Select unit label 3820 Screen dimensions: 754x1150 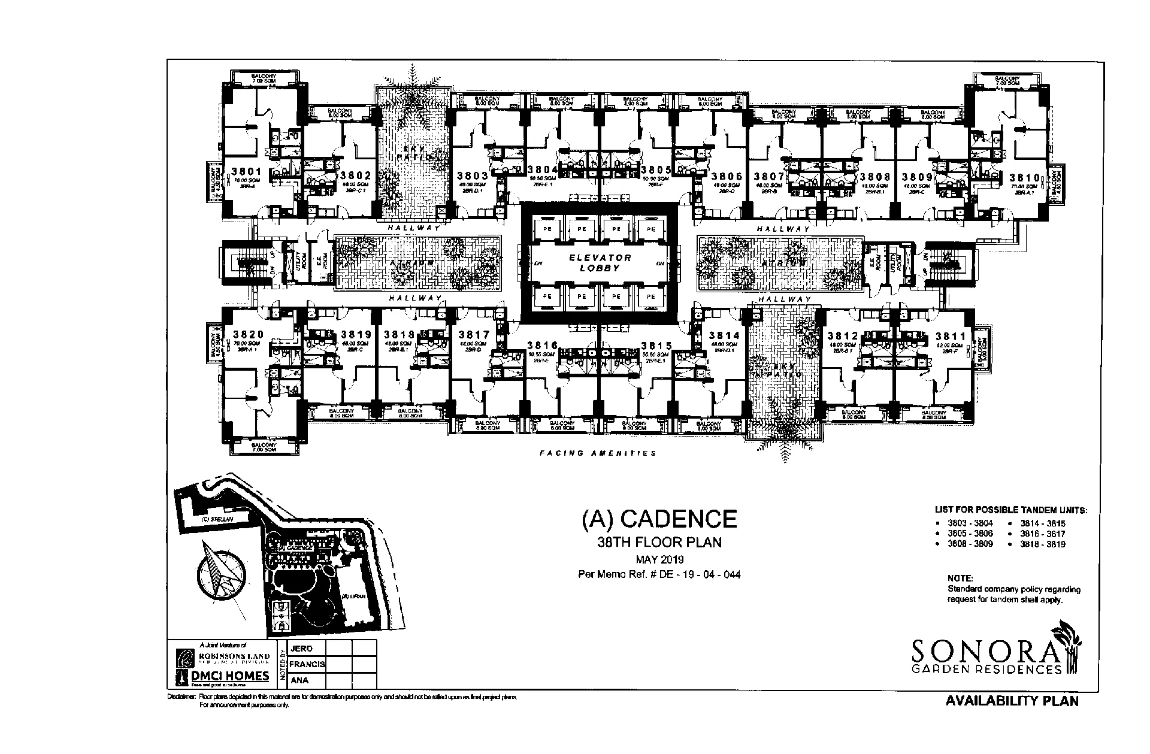[x=248, y=334]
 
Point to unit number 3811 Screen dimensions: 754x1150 [x=950, y=336]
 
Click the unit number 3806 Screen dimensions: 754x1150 [x=727, y=176]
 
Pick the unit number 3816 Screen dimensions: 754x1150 [x=543, y=346]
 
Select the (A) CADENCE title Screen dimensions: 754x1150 [x=659, y=519]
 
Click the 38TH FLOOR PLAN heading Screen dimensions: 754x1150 [x=659, y=543]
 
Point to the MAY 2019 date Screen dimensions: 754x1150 [x=659, y=560]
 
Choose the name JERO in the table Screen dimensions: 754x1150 [x=301, y=649]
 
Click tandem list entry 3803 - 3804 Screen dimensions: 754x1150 [x=970, y=523]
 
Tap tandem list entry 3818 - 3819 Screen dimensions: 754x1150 [x=1043, y=544]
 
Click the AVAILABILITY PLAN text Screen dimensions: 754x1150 [x=1012, y=701]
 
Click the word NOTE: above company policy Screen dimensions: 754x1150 [x=960, y=579]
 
